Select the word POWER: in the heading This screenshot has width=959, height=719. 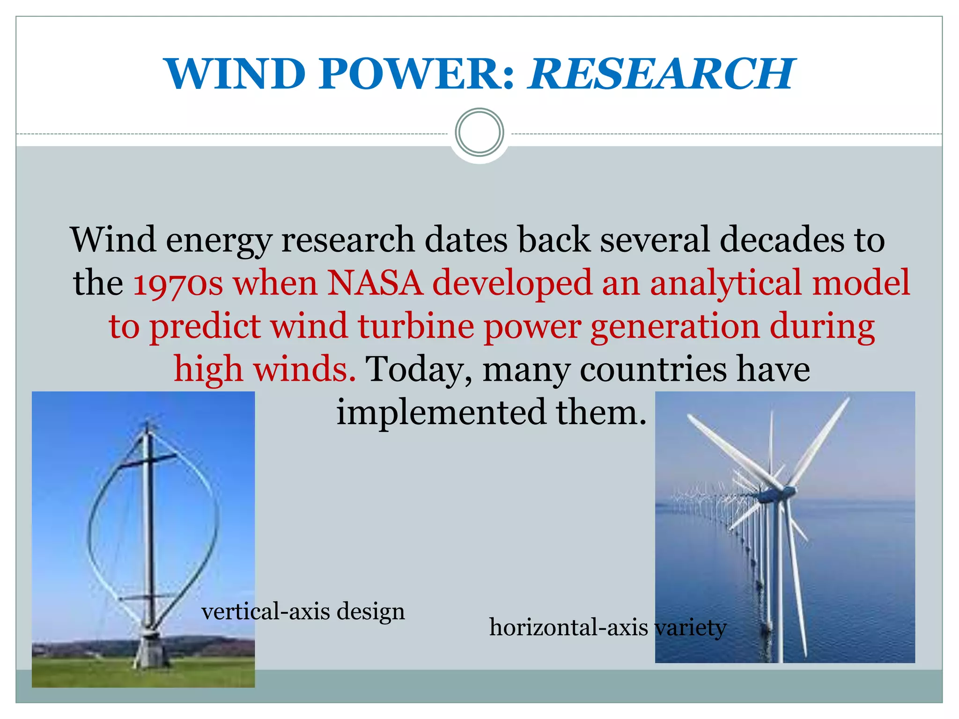tap(417, 73)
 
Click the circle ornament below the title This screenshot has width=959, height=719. tap(479, 132)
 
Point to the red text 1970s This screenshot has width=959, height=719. tap(178, 284)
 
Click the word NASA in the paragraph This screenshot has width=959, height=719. tap(375, 283)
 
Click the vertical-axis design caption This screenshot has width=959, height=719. tap(303, 611)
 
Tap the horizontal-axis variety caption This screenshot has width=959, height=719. tap(607, 627)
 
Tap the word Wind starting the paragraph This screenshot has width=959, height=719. tap(113, 240)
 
